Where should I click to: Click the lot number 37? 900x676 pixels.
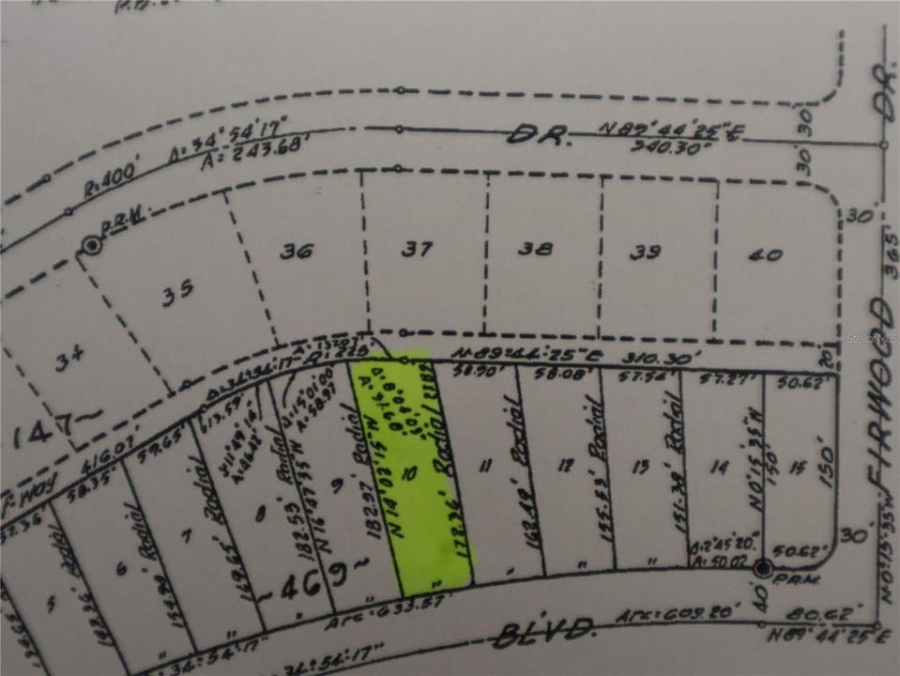point(418,249)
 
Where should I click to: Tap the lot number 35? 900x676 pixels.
point(177,290)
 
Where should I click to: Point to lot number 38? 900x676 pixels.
point(536,250)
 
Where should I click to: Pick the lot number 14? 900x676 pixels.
point(720,464)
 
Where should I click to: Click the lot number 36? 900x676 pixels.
point(296,253)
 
